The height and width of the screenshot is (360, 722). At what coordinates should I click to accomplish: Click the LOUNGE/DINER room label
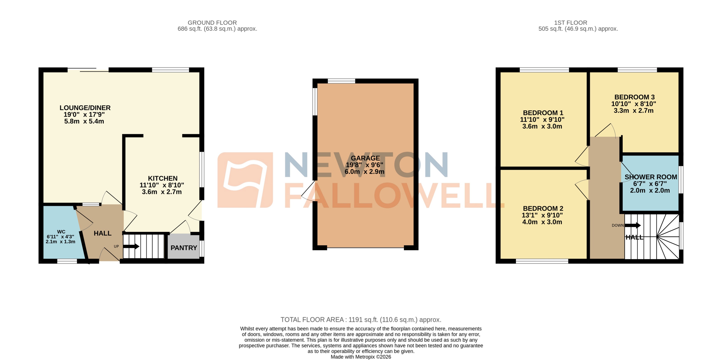85,108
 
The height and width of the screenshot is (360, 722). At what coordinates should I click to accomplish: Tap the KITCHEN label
163,178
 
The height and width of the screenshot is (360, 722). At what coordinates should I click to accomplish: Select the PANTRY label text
184,248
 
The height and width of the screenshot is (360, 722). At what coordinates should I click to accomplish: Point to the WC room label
61,232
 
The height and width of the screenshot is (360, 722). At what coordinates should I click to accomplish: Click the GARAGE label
365,158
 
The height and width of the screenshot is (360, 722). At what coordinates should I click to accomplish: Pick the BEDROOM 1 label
543,113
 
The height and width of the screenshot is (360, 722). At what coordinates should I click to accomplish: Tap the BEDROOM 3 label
635,97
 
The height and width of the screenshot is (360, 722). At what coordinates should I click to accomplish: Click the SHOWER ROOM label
651,177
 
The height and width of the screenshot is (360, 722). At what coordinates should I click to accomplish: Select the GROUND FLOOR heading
212,23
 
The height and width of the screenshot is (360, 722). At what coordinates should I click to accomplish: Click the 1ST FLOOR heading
570,23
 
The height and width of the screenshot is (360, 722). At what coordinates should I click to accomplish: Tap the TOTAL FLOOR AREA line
361,320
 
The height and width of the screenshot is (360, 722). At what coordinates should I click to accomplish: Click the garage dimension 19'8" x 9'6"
364,165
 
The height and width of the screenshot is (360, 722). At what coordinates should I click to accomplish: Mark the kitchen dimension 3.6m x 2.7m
162,192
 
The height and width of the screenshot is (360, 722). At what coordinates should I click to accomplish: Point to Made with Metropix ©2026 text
361,357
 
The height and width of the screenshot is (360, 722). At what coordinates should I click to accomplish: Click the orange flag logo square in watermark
245,180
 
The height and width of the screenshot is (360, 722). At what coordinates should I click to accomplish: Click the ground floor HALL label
103,233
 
